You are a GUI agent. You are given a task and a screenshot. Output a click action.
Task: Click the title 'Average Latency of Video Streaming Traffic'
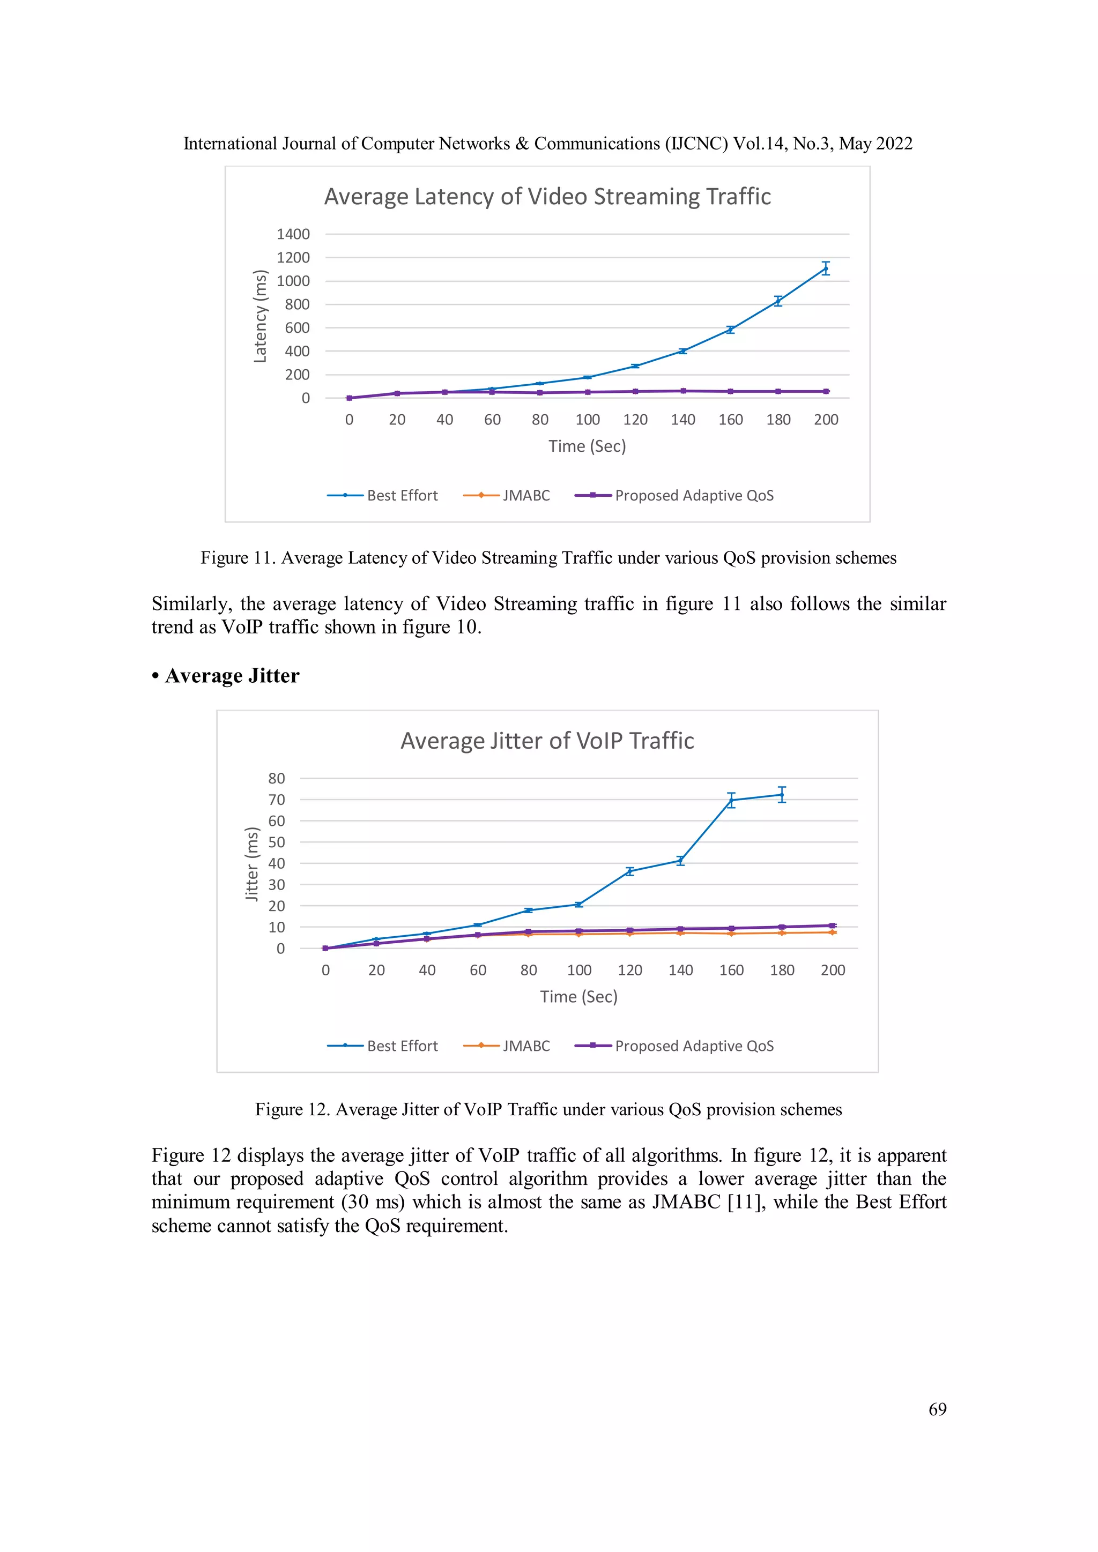[x=547, y=197]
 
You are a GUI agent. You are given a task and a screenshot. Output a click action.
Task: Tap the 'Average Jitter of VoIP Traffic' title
[x=547, y=741]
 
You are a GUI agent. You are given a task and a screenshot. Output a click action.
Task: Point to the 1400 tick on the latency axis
[x=293, y=234]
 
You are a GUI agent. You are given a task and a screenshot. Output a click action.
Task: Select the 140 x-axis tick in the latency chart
[x=683, y=420]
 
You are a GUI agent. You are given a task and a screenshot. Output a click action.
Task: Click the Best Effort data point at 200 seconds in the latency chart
[x=826, y=269]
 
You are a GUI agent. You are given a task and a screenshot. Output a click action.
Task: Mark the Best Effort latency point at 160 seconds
[x=730, y=330]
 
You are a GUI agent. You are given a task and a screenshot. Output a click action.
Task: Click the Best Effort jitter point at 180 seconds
[x=782, y=795]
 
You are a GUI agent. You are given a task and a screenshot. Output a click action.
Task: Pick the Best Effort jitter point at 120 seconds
[x=629, y=871]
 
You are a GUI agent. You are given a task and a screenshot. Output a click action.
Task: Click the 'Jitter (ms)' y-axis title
[x=251, y=864]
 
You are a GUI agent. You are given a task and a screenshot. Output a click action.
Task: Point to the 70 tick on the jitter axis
[x=277, y=800]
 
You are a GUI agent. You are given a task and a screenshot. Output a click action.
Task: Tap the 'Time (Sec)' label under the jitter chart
[x=578, y=996]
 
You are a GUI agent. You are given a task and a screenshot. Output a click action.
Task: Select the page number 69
[x=937, y=1409]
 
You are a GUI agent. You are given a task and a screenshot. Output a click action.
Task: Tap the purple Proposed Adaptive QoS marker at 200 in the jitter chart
[x=832, y=926]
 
